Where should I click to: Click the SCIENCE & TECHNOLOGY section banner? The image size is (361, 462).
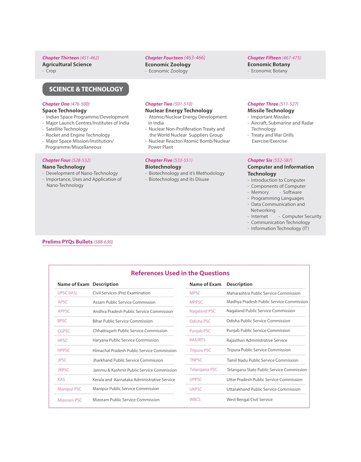(85, 89)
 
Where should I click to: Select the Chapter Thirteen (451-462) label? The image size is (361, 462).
(70, 58)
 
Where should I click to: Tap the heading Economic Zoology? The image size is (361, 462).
(168, 64)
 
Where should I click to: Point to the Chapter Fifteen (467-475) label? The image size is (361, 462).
(274, 58)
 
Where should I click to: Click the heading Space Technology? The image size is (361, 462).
(64, 111)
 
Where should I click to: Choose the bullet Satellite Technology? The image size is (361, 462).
(67, 129)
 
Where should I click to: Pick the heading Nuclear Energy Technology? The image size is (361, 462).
(179, 111)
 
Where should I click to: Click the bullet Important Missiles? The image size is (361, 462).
(270, 117)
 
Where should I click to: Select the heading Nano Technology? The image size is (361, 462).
(64, 167)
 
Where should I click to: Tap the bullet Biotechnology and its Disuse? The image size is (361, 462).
(179, 179)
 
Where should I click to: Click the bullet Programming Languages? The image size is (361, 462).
(277, 198)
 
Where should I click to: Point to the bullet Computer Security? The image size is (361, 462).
(301, 217)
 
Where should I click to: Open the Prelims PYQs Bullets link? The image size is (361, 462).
(77, 242)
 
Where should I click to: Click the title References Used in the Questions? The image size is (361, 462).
(180, 273)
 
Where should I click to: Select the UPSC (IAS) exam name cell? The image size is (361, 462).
(67, 293)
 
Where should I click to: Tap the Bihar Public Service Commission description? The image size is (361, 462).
(122, 321)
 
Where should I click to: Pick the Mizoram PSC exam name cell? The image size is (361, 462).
(69, 400)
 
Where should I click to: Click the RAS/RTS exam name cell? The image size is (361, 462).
(197, 340)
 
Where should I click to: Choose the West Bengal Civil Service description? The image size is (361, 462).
(249, 399)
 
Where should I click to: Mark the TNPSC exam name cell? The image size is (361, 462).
(196, 360)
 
